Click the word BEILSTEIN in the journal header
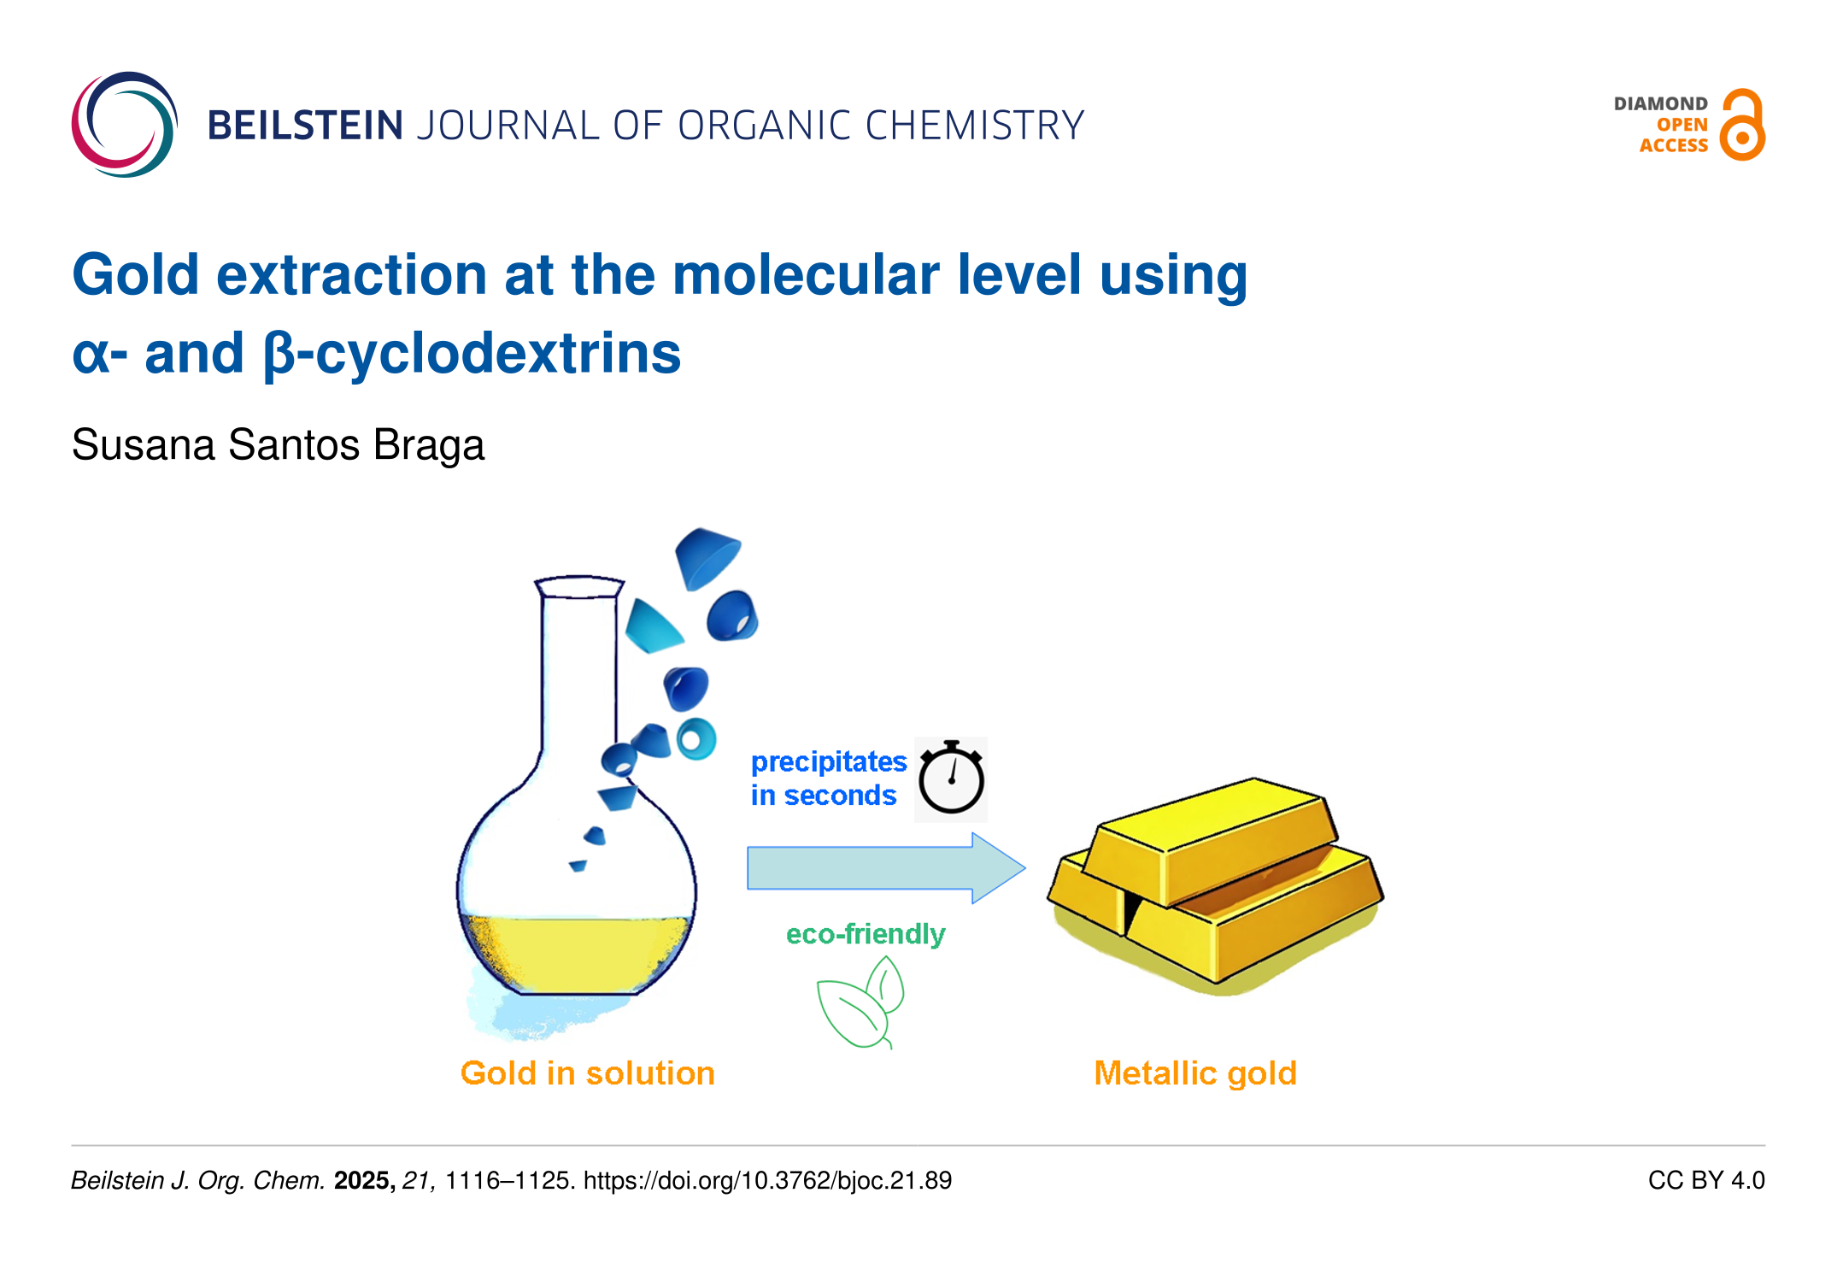click(305, 126)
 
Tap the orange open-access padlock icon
click(1742, 125)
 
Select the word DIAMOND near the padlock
click(1660, 103)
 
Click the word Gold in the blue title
click(136, 275)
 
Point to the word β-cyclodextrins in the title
click(472, 354)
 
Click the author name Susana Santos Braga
click(278, 445)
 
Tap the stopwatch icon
click(951, 778)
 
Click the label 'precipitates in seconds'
click(828, 779)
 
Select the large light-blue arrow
click(886, 868)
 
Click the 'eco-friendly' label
click(866, 934)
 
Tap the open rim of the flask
click(579, 586)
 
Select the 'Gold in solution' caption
click(587, 1073)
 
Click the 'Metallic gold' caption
click(1195, 1073)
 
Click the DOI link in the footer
click(767, 1181)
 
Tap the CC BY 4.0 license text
click(1706, 1181)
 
